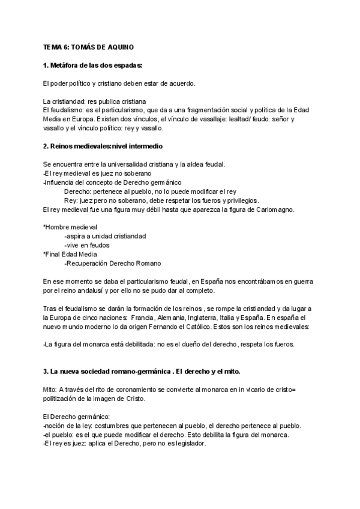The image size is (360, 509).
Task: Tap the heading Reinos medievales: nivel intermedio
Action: (103, 146)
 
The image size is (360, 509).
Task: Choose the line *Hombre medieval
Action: (70, 227)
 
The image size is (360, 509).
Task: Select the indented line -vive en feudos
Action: (88, 245)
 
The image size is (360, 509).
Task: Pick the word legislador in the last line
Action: (188, 444)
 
